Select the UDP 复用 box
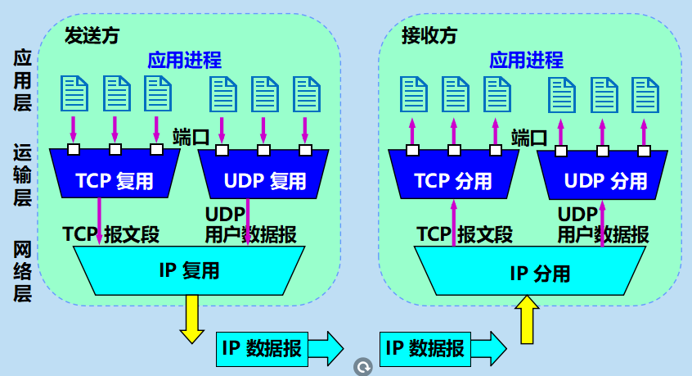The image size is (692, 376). pyautogui.click(x=264, y=180)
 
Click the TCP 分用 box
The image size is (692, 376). pyautogui.click(x=453, y=180)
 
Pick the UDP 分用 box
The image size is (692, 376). pyautogui.click(x=605, y=180)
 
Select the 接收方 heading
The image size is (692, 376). pyautogui.click(x=429, y=35)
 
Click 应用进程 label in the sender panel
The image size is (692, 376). pyautogui.click(x=184, y=59)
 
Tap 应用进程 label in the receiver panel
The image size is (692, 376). pyautogui.click(x=526, y=59)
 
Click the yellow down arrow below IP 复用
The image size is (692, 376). pyautogui.click(x=192, y=319)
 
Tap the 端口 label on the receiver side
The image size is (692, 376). pyautogui.click(x=528, y=136)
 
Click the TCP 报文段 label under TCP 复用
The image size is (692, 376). pyautogui.click(x=111, y=233)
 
